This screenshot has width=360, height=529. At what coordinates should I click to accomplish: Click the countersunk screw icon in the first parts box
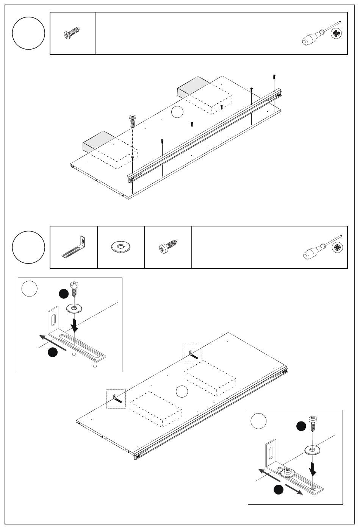(72, 34)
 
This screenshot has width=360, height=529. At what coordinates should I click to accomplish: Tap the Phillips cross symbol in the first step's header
(336, 34)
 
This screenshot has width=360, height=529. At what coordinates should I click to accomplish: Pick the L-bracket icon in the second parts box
(74, 247)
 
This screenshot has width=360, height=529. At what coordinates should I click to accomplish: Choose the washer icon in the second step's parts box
(121, 248)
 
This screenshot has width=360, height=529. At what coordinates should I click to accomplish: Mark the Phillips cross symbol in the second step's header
(337, 248)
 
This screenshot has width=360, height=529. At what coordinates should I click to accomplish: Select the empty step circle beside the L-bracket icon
(28, 247)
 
